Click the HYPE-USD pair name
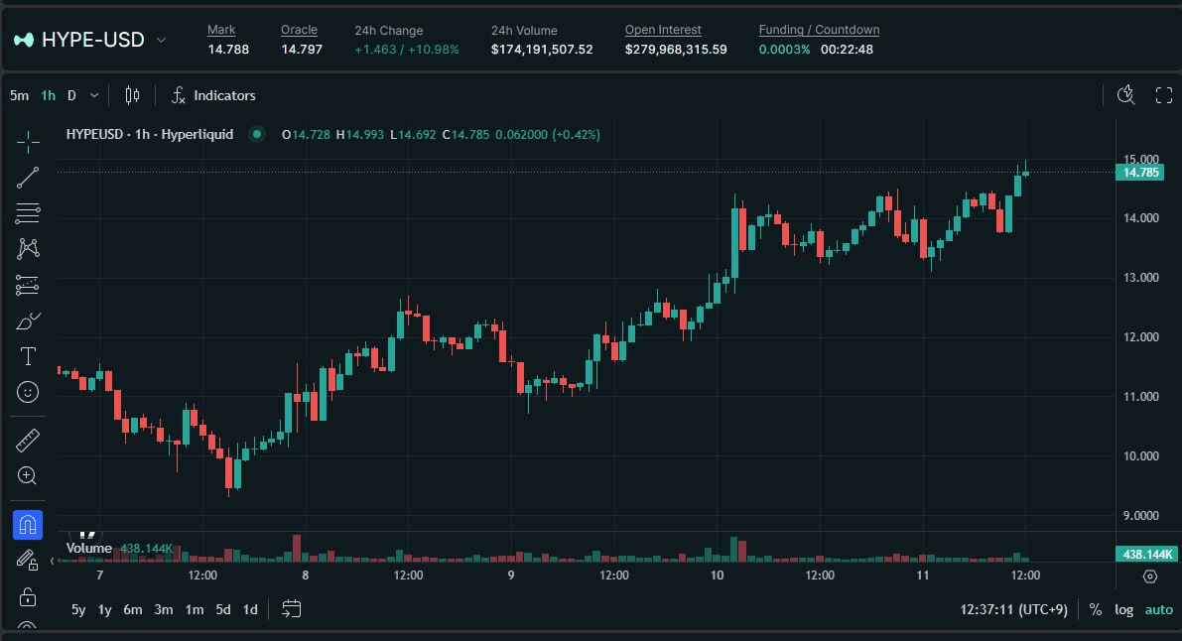click(92, 40)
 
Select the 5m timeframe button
click(19, 96)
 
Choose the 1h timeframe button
click(48, 96)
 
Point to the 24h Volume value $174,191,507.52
click(542, 49)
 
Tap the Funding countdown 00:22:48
click(847, 49)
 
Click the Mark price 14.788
click(228, 49)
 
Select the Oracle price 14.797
click(302, 49)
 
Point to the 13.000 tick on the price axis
click(1139, 278)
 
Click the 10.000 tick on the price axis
click(1139, 456)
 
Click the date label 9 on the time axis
click(511, 576)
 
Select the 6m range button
click(133, 610)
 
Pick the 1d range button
click(250, 610)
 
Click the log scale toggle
click(1123, 610)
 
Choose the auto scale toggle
click(1158, 610)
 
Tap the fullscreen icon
click(1164, 95)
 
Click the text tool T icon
click(28, 356)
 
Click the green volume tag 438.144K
click(1145, 555)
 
